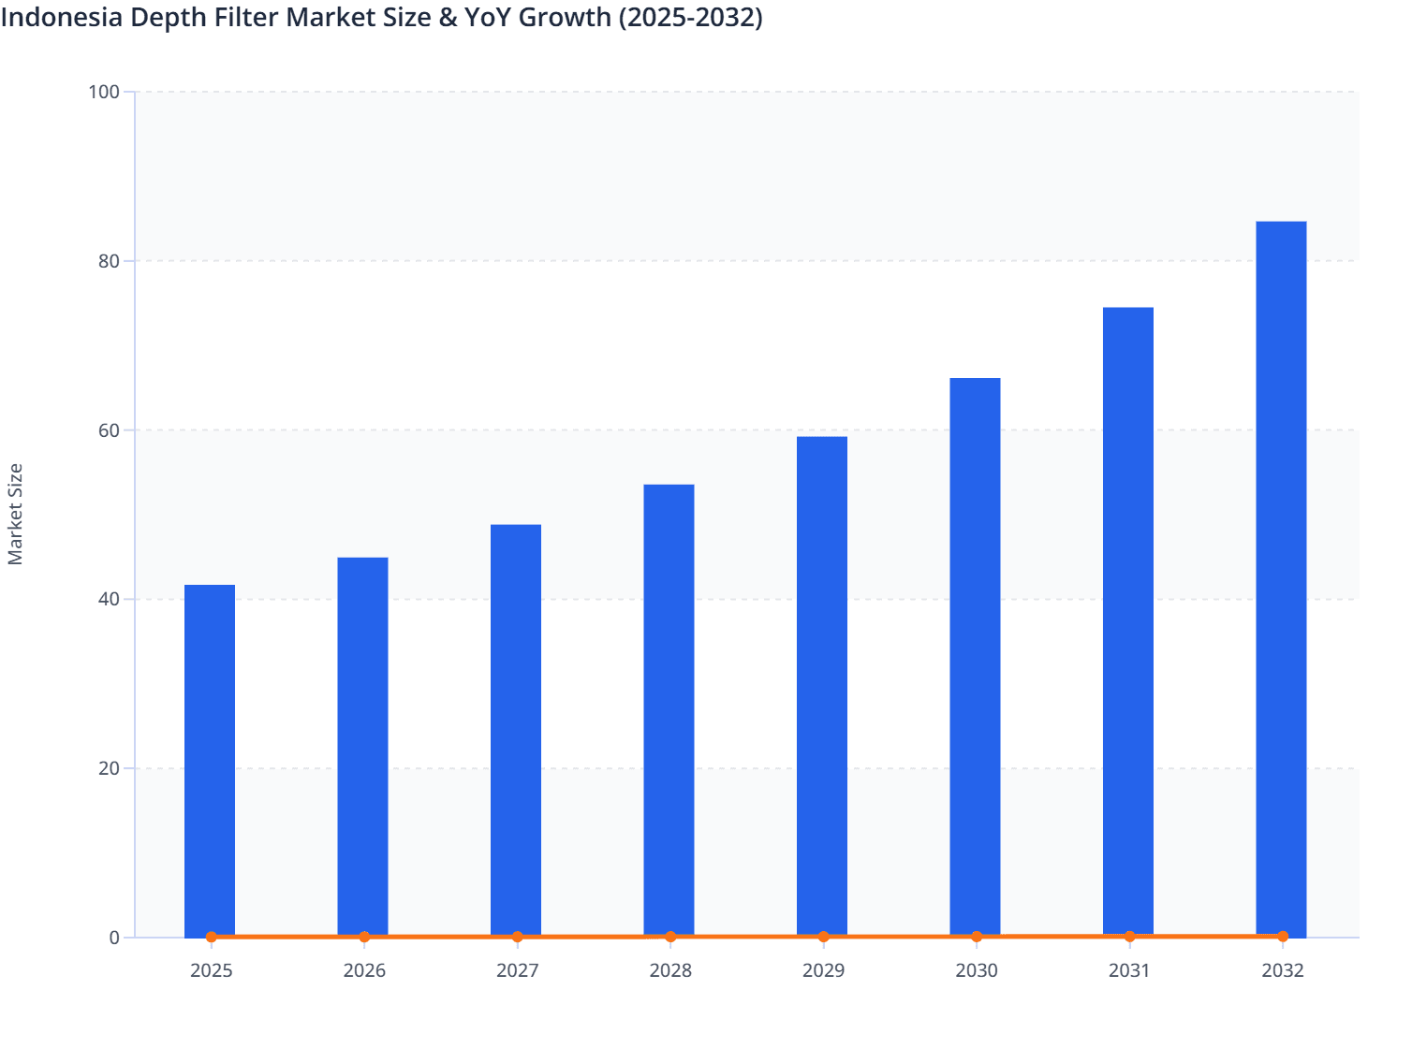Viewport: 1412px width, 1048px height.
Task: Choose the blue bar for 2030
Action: (975, 657)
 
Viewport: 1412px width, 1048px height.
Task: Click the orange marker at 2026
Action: (364, 937)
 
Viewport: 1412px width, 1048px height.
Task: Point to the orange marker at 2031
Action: (1129, 936)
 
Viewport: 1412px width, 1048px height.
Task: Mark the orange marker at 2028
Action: (670, 937)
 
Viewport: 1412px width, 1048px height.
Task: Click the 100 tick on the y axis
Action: (104, 92)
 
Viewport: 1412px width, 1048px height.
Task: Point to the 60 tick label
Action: (109, 430)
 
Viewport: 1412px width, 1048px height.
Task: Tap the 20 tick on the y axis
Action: (109, 768)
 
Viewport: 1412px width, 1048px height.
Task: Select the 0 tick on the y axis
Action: (114, 938)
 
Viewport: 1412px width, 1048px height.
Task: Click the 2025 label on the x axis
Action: (212, 970)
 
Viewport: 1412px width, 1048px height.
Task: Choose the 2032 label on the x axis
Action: (1282, 970)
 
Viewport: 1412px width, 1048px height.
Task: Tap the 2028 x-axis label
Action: (670, 970)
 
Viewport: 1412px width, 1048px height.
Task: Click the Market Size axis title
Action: (15, 514)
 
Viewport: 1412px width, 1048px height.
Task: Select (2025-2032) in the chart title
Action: (690, 16)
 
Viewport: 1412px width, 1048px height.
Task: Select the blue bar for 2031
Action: (1127, 621)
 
